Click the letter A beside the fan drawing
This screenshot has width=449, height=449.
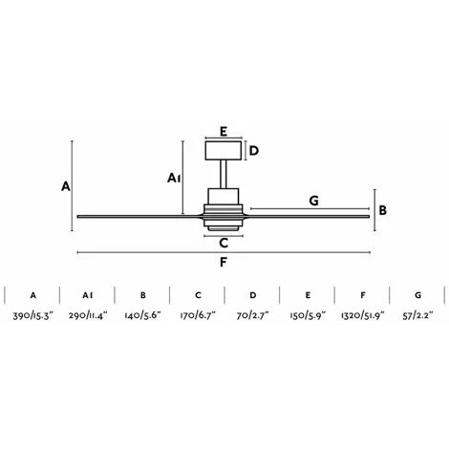(65, 187)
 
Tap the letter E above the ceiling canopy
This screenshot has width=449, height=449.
(224, 133)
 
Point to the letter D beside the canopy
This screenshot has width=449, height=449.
(254, 150)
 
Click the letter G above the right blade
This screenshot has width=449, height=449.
(312, 201)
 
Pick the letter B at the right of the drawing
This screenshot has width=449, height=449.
(382, 210)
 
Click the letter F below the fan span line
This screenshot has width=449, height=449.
(224, 263)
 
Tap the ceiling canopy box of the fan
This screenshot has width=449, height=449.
(224, 150)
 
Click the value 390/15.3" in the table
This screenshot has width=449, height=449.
(32, 314)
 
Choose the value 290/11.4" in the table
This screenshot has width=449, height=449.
(87, 314)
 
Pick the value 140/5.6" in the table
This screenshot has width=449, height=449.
(142, 314)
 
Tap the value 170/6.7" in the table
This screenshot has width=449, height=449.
(197, 314)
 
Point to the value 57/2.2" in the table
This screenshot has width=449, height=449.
(417, 314)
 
